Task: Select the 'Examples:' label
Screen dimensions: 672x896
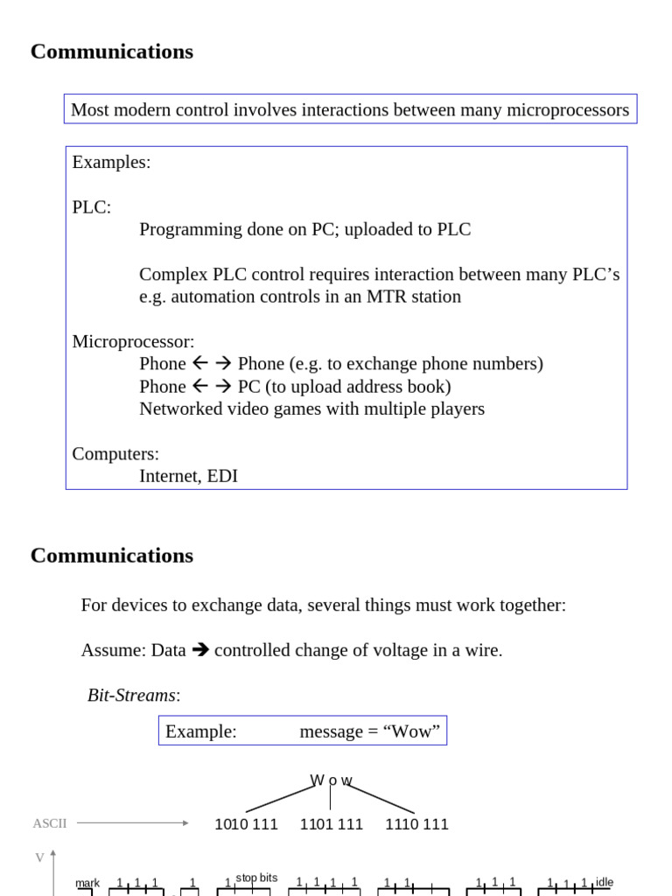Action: (111, 163)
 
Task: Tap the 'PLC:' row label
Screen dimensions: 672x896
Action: (91, 207)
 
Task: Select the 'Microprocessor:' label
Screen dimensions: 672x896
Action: (133, 342)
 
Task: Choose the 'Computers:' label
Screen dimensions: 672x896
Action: (115, 454)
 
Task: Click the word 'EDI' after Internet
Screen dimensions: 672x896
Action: (222, 477)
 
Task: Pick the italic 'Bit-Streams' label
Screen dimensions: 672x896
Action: (131, 696)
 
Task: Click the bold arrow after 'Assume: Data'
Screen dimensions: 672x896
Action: (200, 650)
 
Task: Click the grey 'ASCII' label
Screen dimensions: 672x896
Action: (49, 823)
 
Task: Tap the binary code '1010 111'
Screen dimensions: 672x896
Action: (246, 824)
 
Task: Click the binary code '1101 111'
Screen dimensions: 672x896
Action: (331, 824)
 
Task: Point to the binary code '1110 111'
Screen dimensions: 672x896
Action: (416, 824)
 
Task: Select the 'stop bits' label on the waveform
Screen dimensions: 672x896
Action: (256, 878)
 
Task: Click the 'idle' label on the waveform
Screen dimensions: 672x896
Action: (604, 882)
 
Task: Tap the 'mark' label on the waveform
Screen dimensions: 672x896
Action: (87, 884)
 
